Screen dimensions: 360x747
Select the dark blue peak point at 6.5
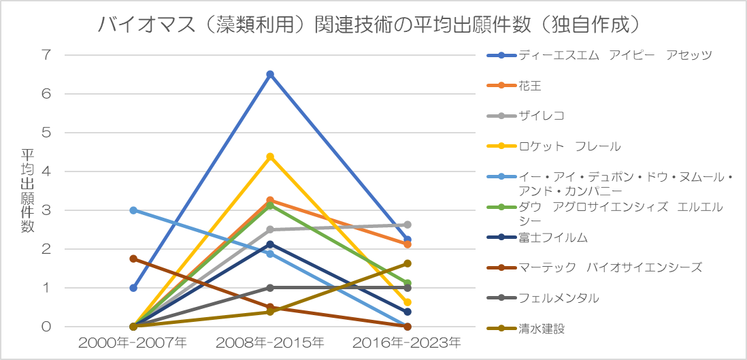(x=270, y=74)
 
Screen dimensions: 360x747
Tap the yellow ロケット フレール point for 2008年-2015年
(x=270, y=157)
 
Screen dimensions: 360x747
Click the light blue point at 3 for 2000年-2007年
(x=133, y=210)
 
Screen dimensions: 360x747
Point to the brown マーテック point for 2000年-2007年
(x=133, y=259)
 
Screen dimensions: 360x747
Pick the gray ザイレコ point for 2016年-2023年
(x=408, y=225)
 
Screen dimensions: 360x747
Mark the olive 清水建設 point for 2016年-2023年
(x=408, y=263)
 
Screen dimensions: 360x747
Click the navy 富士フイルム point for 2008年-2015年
(x=270, y=244)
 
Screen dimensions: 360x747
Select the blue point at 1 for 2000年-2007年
(x=133, y=288)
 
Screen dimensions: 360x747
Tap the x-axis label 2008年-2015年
(x=270, y=342)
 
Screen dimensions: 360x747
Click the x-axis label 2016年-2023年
(x=408, y=342)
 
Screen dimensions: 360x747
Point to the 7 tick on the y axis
(x=46, y=55)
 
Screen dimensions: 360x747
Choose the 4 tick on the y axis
(x=46, y=171)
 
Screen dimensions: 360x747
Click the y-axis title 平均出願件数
(x=27, y=191)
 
